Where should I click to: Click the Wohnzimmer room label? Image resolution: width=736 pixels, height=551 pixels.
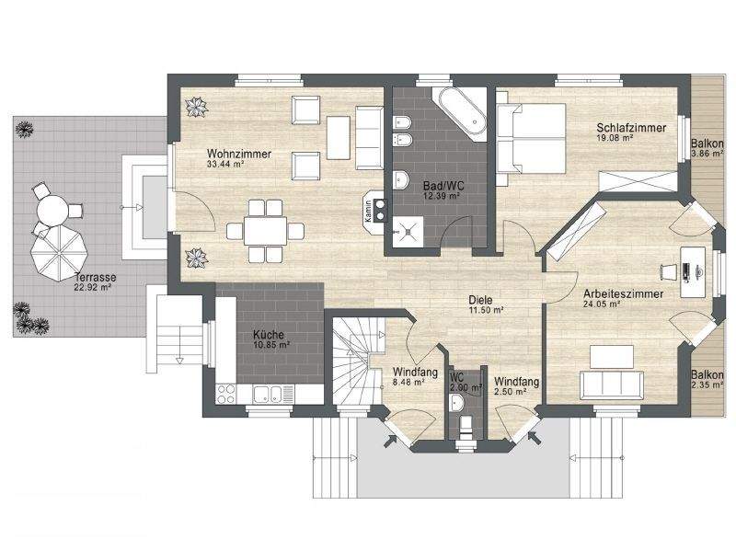pos(238,154)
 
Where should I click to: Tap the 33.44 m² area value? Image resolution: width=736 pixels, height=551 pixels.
pos(225,165)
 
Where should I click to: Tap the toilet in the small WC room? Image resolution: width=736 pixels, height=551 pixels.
pos(466,422)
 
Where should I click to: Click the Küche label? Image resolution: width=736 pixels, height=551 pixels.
pos(268,335)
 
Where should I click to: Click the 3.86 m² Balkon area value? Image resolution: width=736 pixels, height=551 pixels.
pos(707,155)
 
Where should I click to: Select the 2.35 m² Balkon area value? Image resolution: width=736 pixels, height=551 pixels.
pos(707,386)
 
